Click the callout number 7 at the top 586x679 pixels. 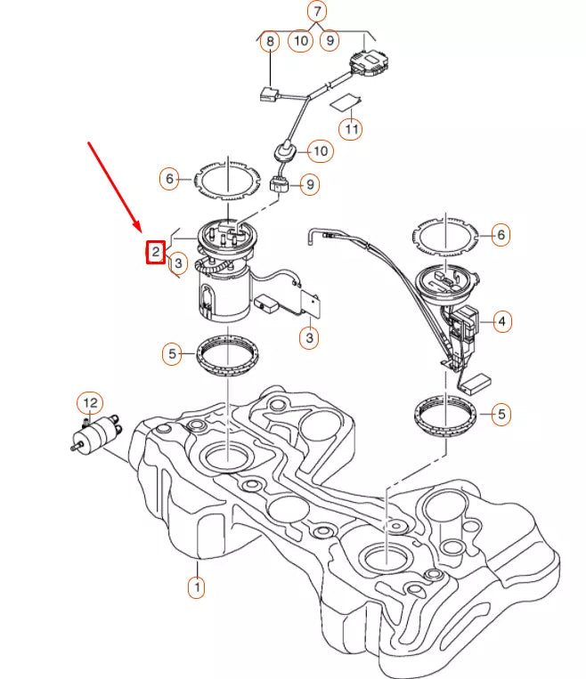(x=317, y=12)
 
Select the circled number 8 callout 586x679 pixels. (x=268, y=40)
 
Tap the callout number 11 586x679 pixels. (x=352, y=129)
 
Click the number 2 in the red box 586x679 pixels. (x=155, y=253)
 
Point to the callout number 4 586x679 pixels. (x=501, y=319)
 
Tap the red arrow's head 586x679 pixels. (x=139, y=230)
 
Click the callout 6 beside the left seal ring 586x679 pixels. (x=170, y=178)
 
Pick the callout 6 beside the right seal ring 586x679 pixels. (x=501, y=235)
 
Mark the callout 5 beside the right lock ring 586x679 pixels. (x=501, y=414)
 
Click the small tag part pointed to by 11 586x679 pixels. (x=345, y=101)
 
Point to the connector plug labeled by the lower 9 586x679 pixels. (x=278, y=185)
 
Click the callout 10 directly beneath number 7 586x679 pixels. (x=301, y=40)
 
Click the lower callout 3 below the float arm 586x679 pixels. (x=309, y=337)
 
